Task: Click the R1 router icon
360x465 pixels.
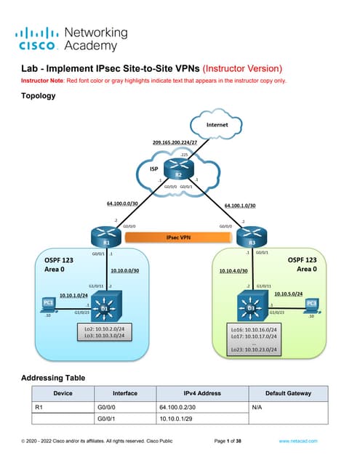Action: click(107, 237)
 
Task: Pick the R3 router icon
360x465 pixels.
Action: click(251, 237)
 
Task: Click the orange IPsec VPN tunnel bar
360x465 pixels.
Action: click(178, 237)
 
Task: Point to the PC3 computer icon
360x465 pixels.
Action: click(311, 304)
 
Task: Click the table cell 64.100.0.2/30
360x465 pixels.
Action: click(177, 408)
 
